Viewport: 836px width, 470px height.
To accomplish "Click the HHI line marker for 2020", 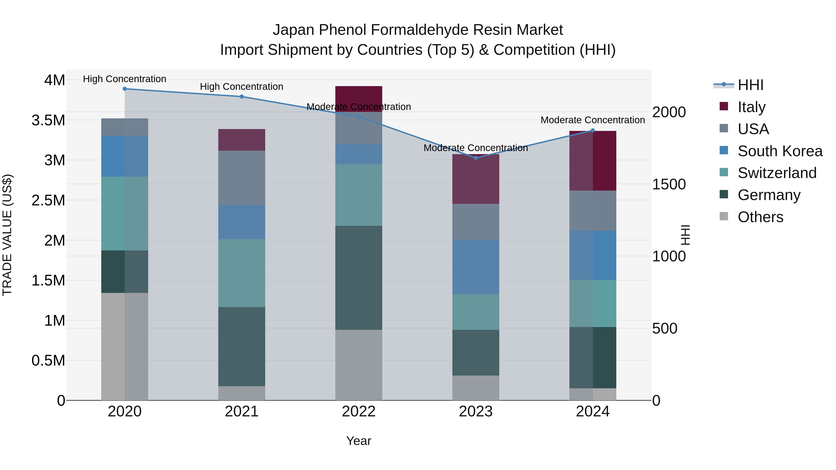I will click(125, 89).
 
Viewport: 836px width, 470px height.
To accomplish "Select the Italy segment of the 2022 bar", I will click(359, 99).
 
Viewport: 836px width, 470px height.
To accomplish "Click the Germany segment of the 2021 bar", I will click(242, 347).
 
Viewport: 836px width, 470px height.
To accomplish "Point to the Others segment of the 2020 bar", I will click(125, 347).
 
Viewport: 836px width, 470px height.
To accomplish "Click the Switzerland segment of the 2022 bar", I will click(359, 195).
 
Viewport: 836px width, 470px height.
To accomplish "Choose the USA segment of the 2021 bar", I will click(242, 178).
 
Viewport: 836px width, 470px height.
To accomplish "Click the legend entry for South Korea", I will click(780, 151).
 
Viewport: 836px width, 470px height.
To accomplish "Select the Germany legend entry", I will click(768, 195).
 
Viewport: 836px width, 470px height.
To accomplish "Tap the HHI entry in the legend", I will click(750, 85).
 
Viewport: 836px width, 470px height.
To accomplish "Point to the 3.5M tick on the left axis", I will click(48, 120).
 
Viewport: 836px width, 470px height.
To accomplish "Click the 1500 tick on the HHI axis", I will click(669, 184).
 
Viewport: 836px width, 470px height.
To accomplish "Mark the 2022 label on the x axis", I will click(359, 412).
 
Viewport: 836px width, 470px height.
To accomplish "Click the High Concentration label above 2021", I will click(242, 87).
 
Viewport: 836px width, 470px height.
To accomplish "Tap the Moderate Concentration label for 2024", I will click(593, 120).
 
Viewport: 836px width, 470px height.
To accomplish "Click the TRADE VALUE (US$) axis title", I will click(7, 235).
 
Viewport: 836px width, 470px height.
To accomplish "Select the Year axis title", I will click(359, 441).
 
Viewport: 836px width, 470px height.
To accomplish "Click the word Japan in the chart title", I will click(293, 30).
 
